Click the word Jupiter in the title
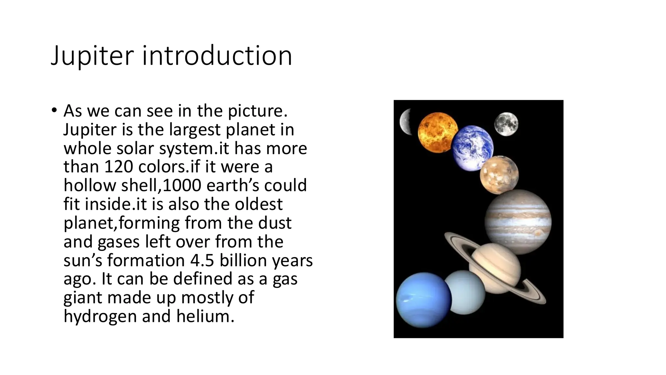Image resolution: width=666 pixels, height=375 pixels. (x=92, y=56)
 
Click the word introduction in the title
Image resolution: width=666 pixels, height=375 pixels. (x=217, y=56)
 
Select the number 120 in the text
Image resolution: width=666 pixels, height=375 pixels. (x=119, y=167)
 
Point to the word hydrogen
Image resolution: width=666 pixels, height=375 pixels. (x=100, y=316)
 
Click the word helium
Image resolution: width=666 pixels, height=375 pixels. (x=205, y=316)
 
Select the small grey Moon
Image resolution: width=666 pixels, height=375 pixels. (x=506, y=124)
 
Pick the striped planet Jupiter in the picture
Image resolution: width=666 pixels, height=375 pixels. (x=518, y=222)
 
